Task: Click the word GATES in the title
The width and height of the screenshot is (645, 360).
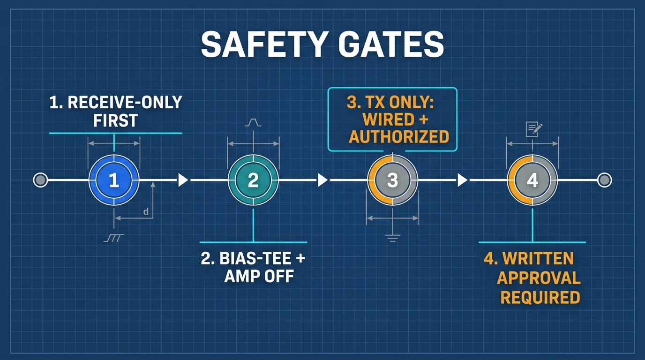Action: point(391,45)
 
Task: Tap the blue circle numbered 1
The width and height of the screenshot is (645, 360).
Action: point(114,180)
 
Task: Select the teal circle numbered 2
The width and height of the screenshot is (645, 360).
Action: point(253,180)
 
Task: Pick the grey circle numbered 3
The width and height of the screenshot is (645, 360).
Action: point(392,180)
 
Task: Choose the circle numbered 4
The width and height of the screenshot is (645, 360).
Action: point(532,180)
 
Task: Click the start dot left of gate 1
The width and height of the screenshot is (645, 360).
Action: point(40,180)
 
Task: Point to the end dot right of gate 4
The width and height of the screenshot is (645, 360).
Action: point(604,180)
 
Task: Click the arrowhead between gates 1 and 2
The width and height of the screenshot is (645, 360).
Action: point(183,180)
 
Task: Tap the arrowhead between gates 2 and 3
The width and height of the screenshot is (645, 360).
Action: point(322,180)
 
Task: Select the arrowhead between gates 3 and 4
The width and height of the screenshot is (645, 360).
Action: point(462,180)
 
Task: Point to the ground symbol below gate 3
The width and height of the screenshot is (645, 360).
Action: point(392,238)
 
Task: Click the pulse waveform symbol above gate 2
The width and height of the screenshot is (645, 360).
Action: point(253,122)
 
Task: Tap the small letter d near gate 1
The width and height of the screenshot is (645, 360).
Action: point(146,212)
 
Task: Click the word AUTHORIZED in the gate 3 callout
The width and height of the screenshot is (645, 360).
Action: point(399,137)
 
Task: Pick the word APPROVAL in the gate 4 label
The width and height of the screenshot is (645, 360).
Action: point(539,278)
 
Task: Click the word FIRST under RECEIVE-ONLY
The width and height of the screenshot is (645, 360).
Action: point(115,120)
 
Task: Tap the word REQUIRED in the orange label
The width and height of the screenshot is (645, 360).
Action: point(540,298)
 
